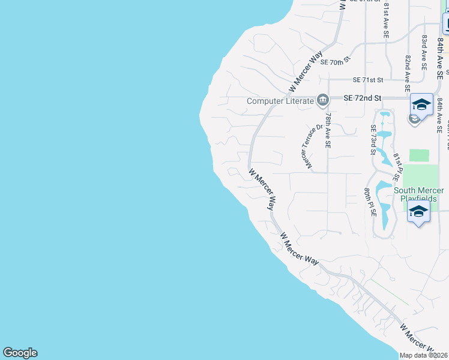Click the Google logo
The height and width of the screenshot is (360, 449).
pos(20,353)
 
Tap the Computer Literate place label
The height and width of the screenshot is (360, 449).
pos(280,101)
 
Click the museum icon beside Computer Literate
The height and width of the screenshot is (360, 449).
pos(323,99)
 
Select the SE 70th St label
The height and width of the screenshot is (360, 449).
pos(335,62)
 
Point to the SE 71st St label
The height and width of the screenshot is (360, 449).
pos(368,79)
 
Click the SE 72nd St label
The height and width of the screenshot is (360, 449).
pos(363,97)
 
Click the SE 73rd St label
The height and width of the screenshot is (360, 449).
pos(373,139)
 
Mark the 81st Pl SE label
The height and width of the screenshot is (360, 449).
pos(397,167)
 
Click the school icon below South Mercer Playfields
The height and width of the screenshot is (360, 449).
pos(418,212)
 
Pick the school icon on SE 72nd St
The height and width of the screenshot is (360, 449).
pos(421,104)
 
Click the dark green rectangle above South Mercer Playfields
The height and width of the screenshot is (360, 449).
pos(420,155)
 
